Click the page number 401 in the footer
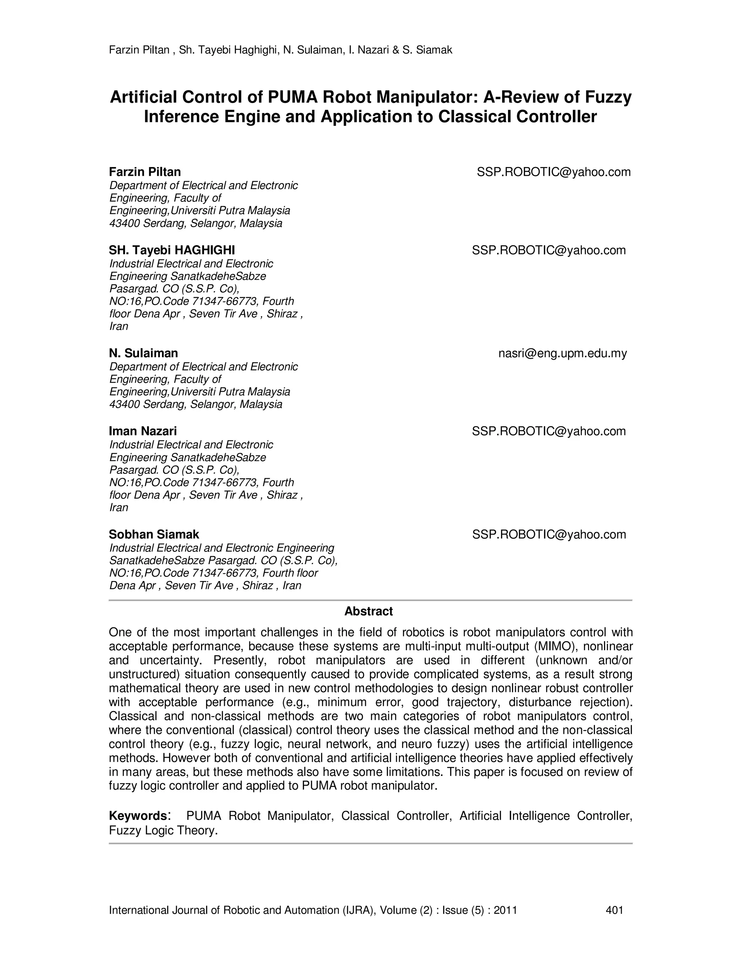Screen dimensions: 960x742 click(x=614, y=910)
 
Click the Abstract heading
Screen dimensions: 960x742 click(x=368, y=611)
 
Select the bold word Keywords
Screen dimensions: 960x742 click(x=138, y=816)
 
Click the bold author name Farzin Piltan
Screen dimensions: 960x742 click(x=145, y=171)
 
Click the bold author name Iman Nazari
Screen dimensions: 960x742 click(x=143, y=431)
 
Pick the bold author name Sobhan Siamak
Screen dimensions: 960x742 click(x=154, y=534)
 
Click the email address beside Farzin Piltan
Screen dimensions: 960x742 click(x=554, y=172)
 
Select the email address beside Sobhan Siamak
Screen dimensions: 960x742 click(x=549, y=534)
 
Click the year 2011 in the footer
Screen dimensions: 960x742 click(x=505, y=910)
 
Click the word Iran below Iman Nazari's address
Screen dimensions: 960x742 click(x=119, y=507)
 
